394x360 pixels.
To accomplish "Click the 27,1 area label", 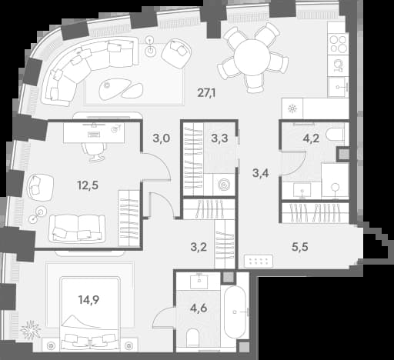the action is click(206, 93).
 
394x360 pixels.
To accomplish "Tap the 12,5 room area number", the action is click(88, 185).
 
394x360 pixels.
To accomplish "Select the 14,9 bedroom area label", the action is click(88, 299).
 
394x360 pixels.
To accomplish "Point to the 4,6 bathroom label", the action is click(199, 308).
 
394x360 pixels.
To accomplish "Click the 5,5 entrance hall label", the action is click(300, 247).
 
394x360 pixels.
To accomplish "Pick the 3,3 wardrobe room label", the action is click(219, 138).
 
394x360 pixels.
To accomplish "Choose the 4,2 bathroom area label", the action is click(311, 138).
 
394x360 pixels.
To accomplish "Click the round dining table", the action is click(252, 58).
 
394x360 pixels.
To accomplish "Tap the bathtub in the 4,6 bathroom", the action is click(235, 312).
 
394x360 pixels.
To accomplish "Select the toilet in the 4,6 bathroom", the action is click(193, 338).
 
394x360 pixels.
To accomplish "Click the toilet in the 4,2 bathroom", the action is click(335, 134).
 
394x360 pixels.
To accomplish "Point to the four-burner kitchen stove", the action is click(339, 44).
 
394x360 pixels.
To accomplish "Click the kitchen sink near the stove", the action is click(338, 87).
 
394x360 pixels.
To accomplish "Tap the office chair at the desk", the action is click(94, 152).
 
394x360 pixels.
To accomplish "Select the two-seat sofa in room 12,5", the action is click(78, 228).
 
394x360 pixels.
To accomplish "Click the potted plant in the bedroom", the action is click(31, 329).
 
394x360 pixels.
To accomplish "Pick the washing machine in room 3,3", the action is click(224, 185).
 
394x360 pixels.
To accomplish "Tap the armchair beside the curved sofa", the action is click(176, 53).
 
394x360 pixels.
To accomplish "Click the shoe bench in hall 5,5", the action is click(259, 261).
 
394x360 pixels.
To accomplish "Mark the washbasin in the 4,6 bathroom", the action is click(199, 281).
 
